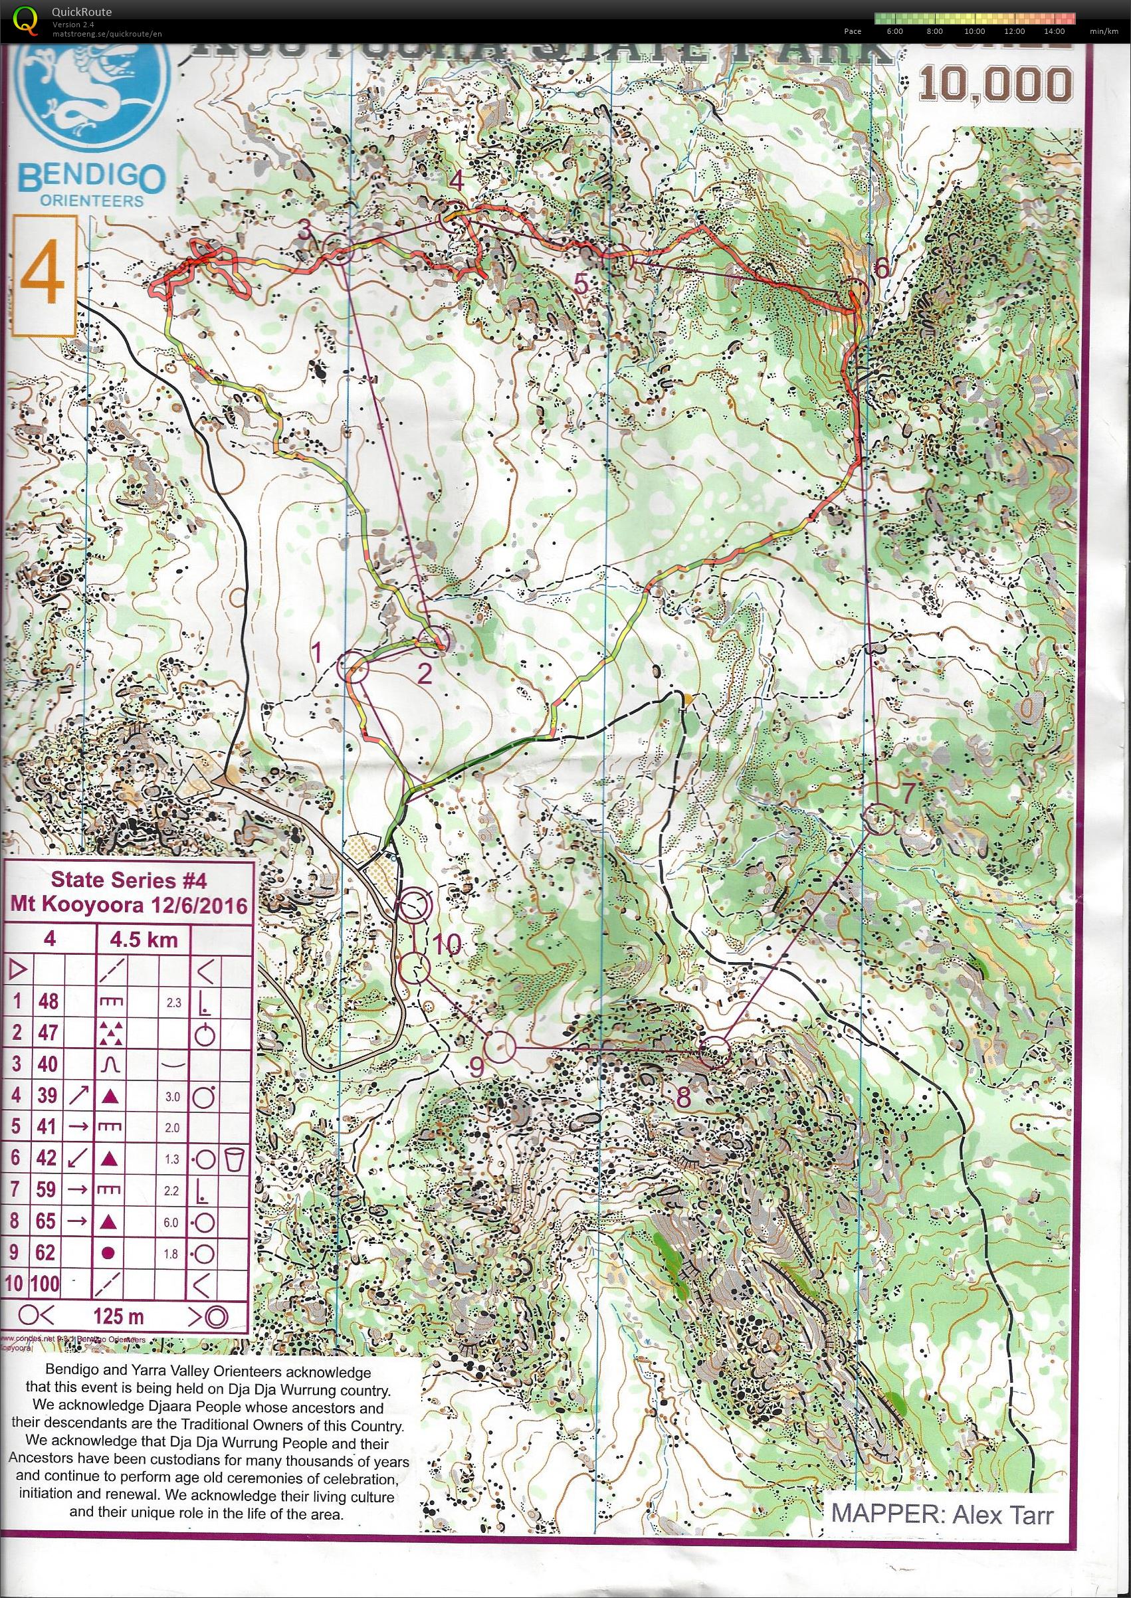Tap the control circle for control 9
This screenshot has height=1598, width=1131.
498,1047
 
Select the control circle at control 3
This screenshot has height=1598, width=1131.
339,249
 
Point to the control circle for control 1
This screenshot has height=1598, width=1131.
352,666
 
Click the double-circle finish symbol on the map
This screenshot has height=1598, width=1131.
414,906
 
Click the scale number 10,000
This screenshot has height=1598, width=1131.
996,85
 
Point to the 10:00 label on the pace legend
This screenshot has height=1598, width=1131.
974,31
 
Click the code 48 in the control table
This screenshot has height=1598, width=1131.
48,1001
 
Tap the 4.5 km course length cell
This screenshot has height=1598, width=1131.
142,940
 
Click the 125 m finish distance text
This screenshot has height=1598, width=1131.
117,1316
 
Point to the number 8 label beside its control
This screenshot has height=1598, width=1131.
683,1098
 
